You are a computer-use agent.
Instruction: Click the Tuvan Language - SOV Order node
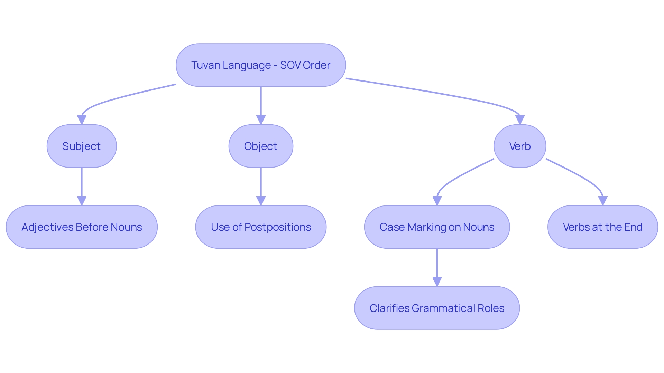point(261,65)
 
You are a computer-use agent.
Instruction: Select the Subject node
point(82,146)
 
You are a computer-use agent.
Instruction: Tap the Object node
point(261,146)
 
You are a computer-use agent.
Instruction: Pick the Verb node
point(520,146)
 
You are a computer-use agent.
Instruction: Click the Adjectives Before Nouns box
point(82,227)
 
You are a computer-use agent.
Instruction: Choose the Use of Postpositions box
point(261,227)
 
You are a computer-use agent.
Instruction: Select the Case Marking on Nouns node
point(437,227)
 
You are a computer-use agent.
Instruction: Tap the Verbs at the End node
point(602,227)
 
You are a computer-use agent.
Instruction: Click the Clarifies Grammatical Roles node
point(437,308)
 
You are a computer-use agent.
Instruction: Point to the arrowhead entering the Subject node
point(82,120)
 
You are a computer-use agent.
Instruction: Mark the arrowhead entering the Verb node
point(520,120)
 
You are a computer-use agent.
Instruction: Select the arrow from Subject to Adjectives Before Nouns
point(82,185)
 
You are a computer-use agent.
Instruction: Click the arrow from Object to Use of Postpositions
point(261,185)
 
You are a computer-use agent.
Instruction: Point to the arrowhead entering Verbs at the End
point(603,201)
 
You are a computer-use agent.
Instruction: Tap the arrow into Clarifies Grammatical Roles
point(437,266)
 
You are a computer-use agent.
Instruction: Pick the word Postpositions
point(278,227)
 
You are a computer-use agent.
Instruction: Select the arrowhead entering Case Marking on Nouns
point(437,201)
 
